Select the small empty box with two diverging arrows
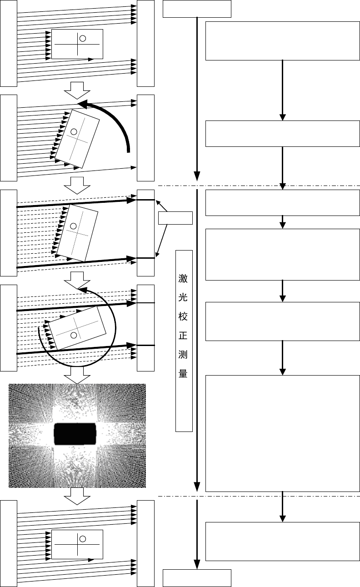[175, 218]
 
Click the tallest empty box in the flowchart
[282, 433]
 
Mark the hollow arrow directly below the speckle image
[77, 497]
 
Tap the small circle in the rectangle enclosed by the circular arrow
[73, 335]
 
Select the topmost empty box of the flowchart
[197, 9]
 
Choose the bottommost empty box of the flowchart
[197, 578]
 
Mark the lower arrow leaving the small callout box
[163, 241]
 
